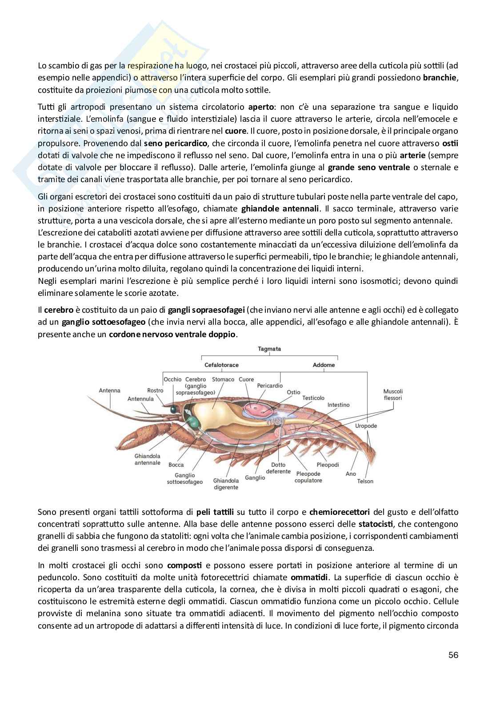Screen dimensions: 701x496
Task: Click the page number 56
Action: [x=453, y=655]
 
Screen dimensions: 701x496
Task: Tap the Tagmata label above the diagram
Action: [x=269, y=349]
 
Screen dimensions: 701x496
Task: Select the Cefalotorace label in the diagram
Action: [x=221, y=365]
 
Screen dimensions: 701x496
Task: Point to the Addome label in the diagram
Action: [x=324, y=365]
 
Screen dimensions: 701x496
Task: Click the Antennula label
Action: [x=140, y=398]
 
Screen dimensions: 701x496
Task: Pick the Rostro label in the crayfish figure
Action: [x=155, y=390]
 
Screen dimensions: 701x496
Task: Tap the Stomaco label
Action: [x=223, y=379]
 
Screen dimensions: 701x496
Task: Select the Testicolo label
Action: [x=313, y=398]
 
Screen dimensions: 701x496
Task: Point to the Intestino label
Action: [x=339, y=405]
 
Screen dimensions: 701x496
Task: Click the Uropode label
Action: [x=366, y=426]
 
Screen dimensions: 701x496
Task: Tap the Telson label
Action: [x=365, y=481]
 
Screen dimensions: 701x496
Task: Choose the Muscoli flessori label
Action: [x=393, y=395]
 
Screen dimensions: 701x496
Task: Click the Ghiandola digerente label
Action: [x=226, y=484]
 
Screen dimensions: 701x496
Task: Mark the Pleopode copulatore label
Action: [x=308, y=477]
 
